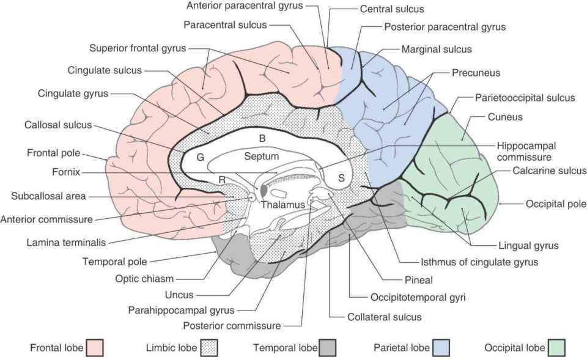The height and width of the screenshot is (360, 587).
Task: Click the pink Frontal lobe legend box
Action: [x=95, y=348]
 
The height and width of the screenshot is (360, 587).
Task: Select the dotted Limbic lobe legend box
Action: [x=209, y=348]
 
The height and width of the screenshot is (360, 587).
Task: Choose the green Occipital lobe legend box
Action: [x=556, y=348]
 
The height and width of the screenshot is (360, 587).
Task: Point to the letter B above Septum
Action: [x=262, y=139]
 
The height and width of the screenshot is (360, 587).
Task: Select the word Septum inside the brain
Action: [x=261, y=156]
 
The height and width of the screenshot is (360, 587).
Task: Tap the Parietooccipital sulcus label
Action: [x=525, y=98]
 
